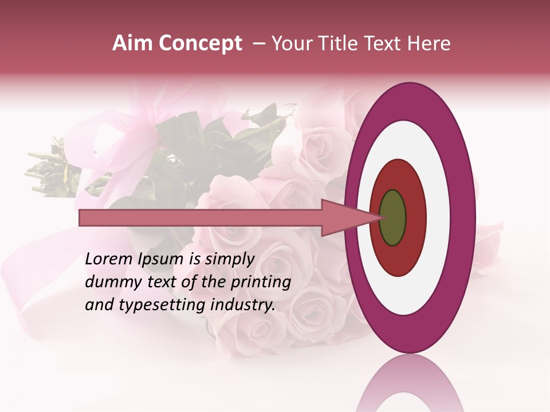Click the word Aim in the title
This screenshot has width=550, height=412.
click(x=132, y=43)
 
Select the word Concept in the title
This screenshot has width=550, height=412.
click(x=201, y=44)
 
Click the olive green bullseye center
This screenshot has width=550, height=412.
click(x=393, y=218)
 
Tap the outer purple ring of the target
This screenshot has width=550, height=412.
click(x=463, y=218)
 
